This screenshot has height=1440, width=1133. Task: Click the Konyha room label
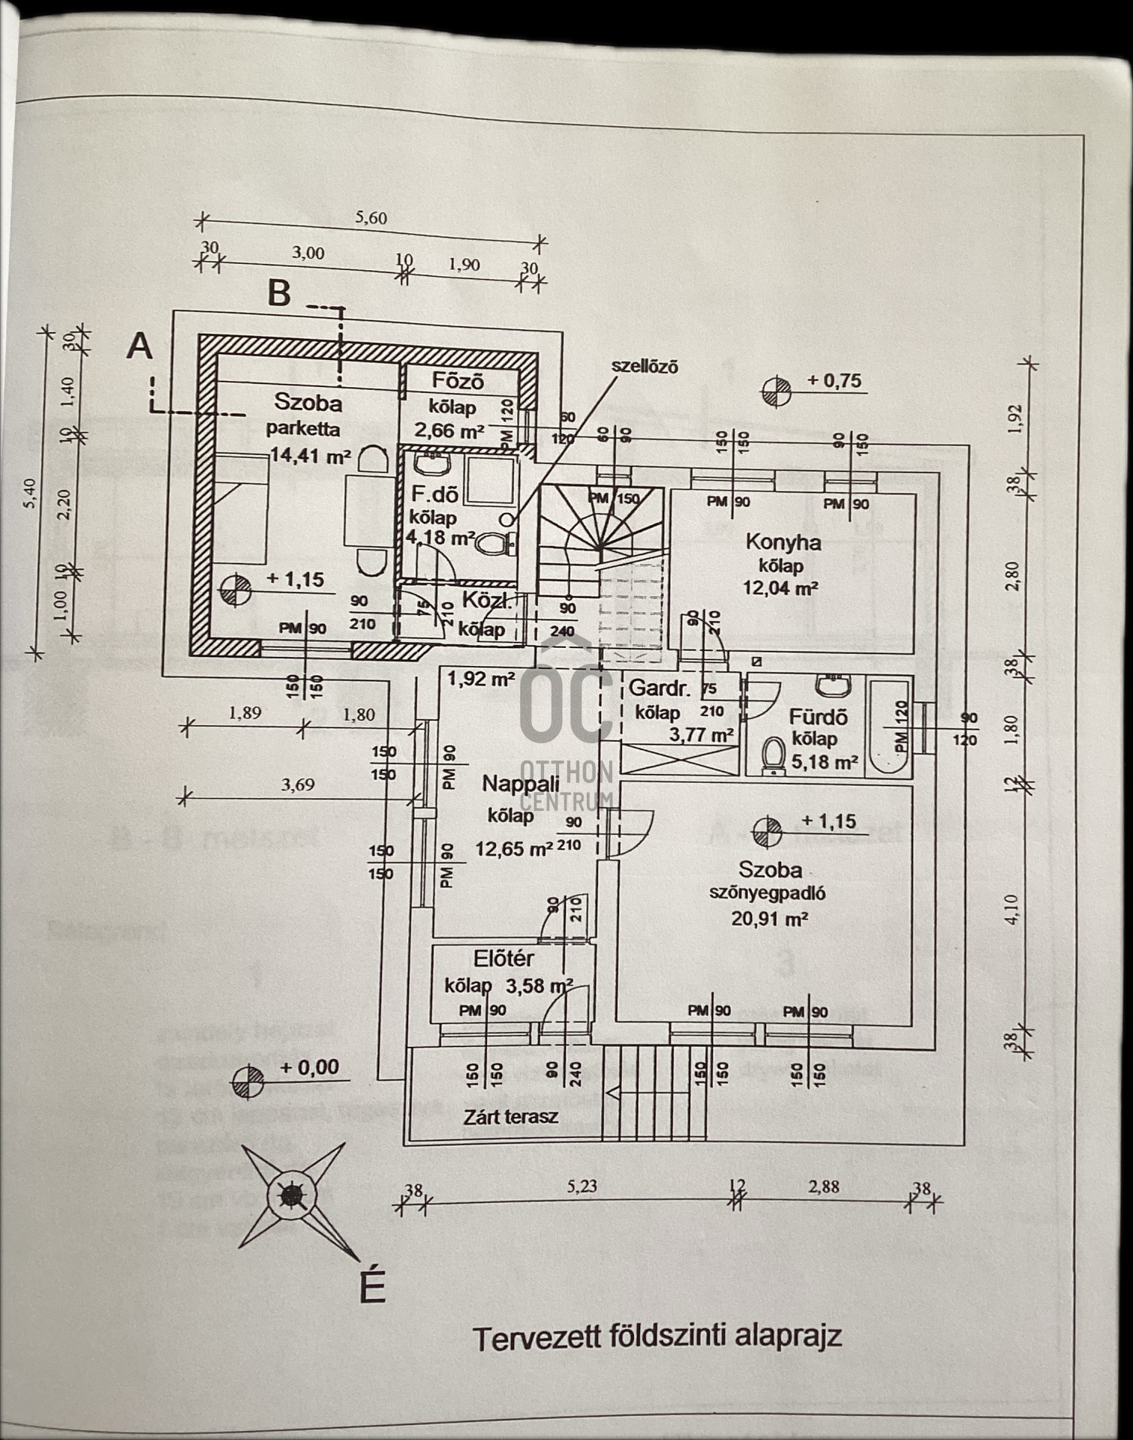pos(783,541)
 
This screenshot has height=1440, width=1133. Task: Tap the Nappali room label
pos(520,784)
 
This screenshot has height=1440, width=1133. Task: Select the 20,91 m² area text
pos(769,919)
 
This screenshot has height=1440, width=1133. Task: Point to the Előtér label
pos(503,958)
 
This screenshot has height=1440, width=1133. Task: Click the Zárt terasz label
pos(510,1117)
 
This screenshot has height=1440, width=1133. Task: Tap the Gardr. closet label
pos(659,688)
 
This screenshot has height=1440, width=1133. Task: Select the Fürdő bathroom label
pos(818,717)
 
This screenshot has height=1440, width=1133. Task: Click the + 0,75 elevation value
pos(834,381)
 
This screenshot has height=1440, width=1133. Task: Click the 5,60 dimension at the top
pos(371,218)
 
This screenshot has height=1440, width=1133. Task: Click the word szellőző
pos(645,367)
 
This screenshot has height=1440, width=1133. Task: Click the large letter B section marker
pos(279,293)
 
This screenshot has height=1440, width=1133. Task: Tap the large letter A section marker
pos(140,347)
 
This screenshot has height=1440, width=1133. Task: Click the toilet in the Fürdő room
pos(773,755)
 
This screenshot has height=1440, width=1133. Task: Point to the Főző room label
pos(458,381)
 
